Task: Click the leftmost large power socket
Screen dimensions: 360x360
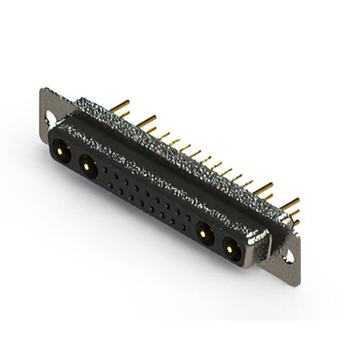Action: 61,151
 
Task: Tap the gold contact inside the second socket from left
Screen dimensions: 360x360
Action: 87,165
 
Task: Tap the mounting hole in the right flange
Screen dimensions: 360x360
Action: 290,256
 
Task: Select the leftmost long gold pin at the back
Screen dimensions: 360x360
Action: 119,104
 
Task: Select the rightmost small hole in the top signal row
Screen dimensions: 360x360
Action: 188,214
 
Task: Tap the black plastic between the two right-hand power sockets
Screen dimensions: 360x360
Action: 218,240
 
